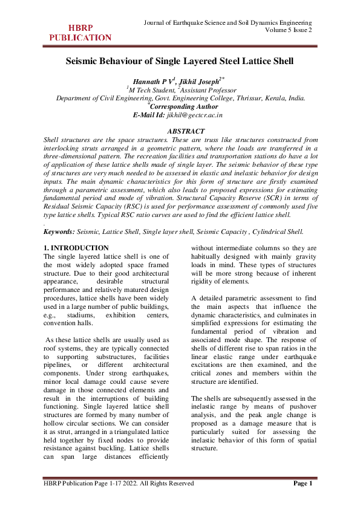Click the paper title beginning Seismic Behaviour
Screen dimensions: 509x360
[180, 61]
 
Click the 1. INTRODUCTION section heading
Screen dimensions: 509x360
[76, 248]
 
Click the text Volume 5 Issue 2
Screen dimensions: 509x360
[288, 30]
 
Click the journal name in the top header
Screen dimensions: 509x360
[227, 22]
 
